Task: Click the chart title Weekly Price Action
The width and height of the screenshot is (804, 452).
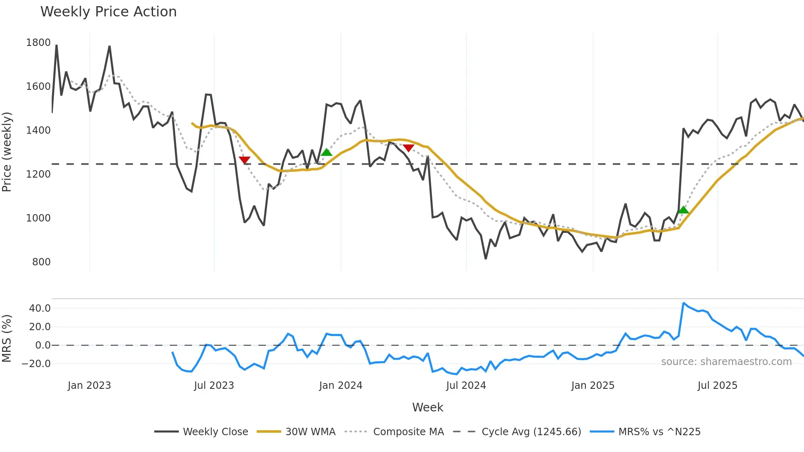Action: pyautogui.click(x=108, y=12)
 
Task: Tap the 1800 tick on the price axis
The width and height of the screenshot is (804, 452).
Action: pyautogui.click(x=38, y=43)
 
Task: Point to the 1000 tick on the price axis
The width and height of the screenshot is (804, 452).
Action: pyautogui.click(x=38, y=218)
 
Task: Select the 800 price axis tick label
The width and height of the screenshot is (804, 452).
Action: pyautogui.click(x=41, y=262)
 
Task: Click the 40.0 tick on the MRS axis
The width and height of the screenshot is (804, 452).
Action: pyautogui.click(x=40, y=308)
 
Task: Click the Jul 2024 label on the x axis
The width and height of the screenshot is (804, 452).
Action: pyautogui.click(x=466, y=386)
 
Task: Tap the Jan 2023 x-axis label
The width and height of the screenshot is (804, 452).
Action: pyautogui.click(x=89, y=386)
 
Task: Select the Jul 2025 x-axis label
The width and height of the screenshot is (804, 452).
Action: pyautogui.click(x=717, y=386)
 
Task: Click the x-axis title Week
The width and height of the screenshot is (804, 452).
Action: pyautogui.click(x=427, y=407)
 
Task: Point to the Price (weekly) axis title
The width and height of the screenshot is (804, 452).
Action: pyautogui.click(x=7, y=152)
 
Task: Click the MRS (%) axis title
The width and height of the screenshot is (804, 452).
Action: pyautogui.click(x=7, y=338)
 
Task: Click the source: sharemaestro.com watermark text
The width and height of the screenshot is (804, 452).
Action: pyautogui.click(x=726, y=362)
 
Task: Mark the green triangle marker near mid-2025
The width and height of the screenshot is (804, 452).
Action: pyautogui.click(x=683, y=210)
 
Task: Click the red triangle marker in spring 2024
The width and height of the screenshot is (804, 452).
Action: pyautogui.click(x=409, y=148)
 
